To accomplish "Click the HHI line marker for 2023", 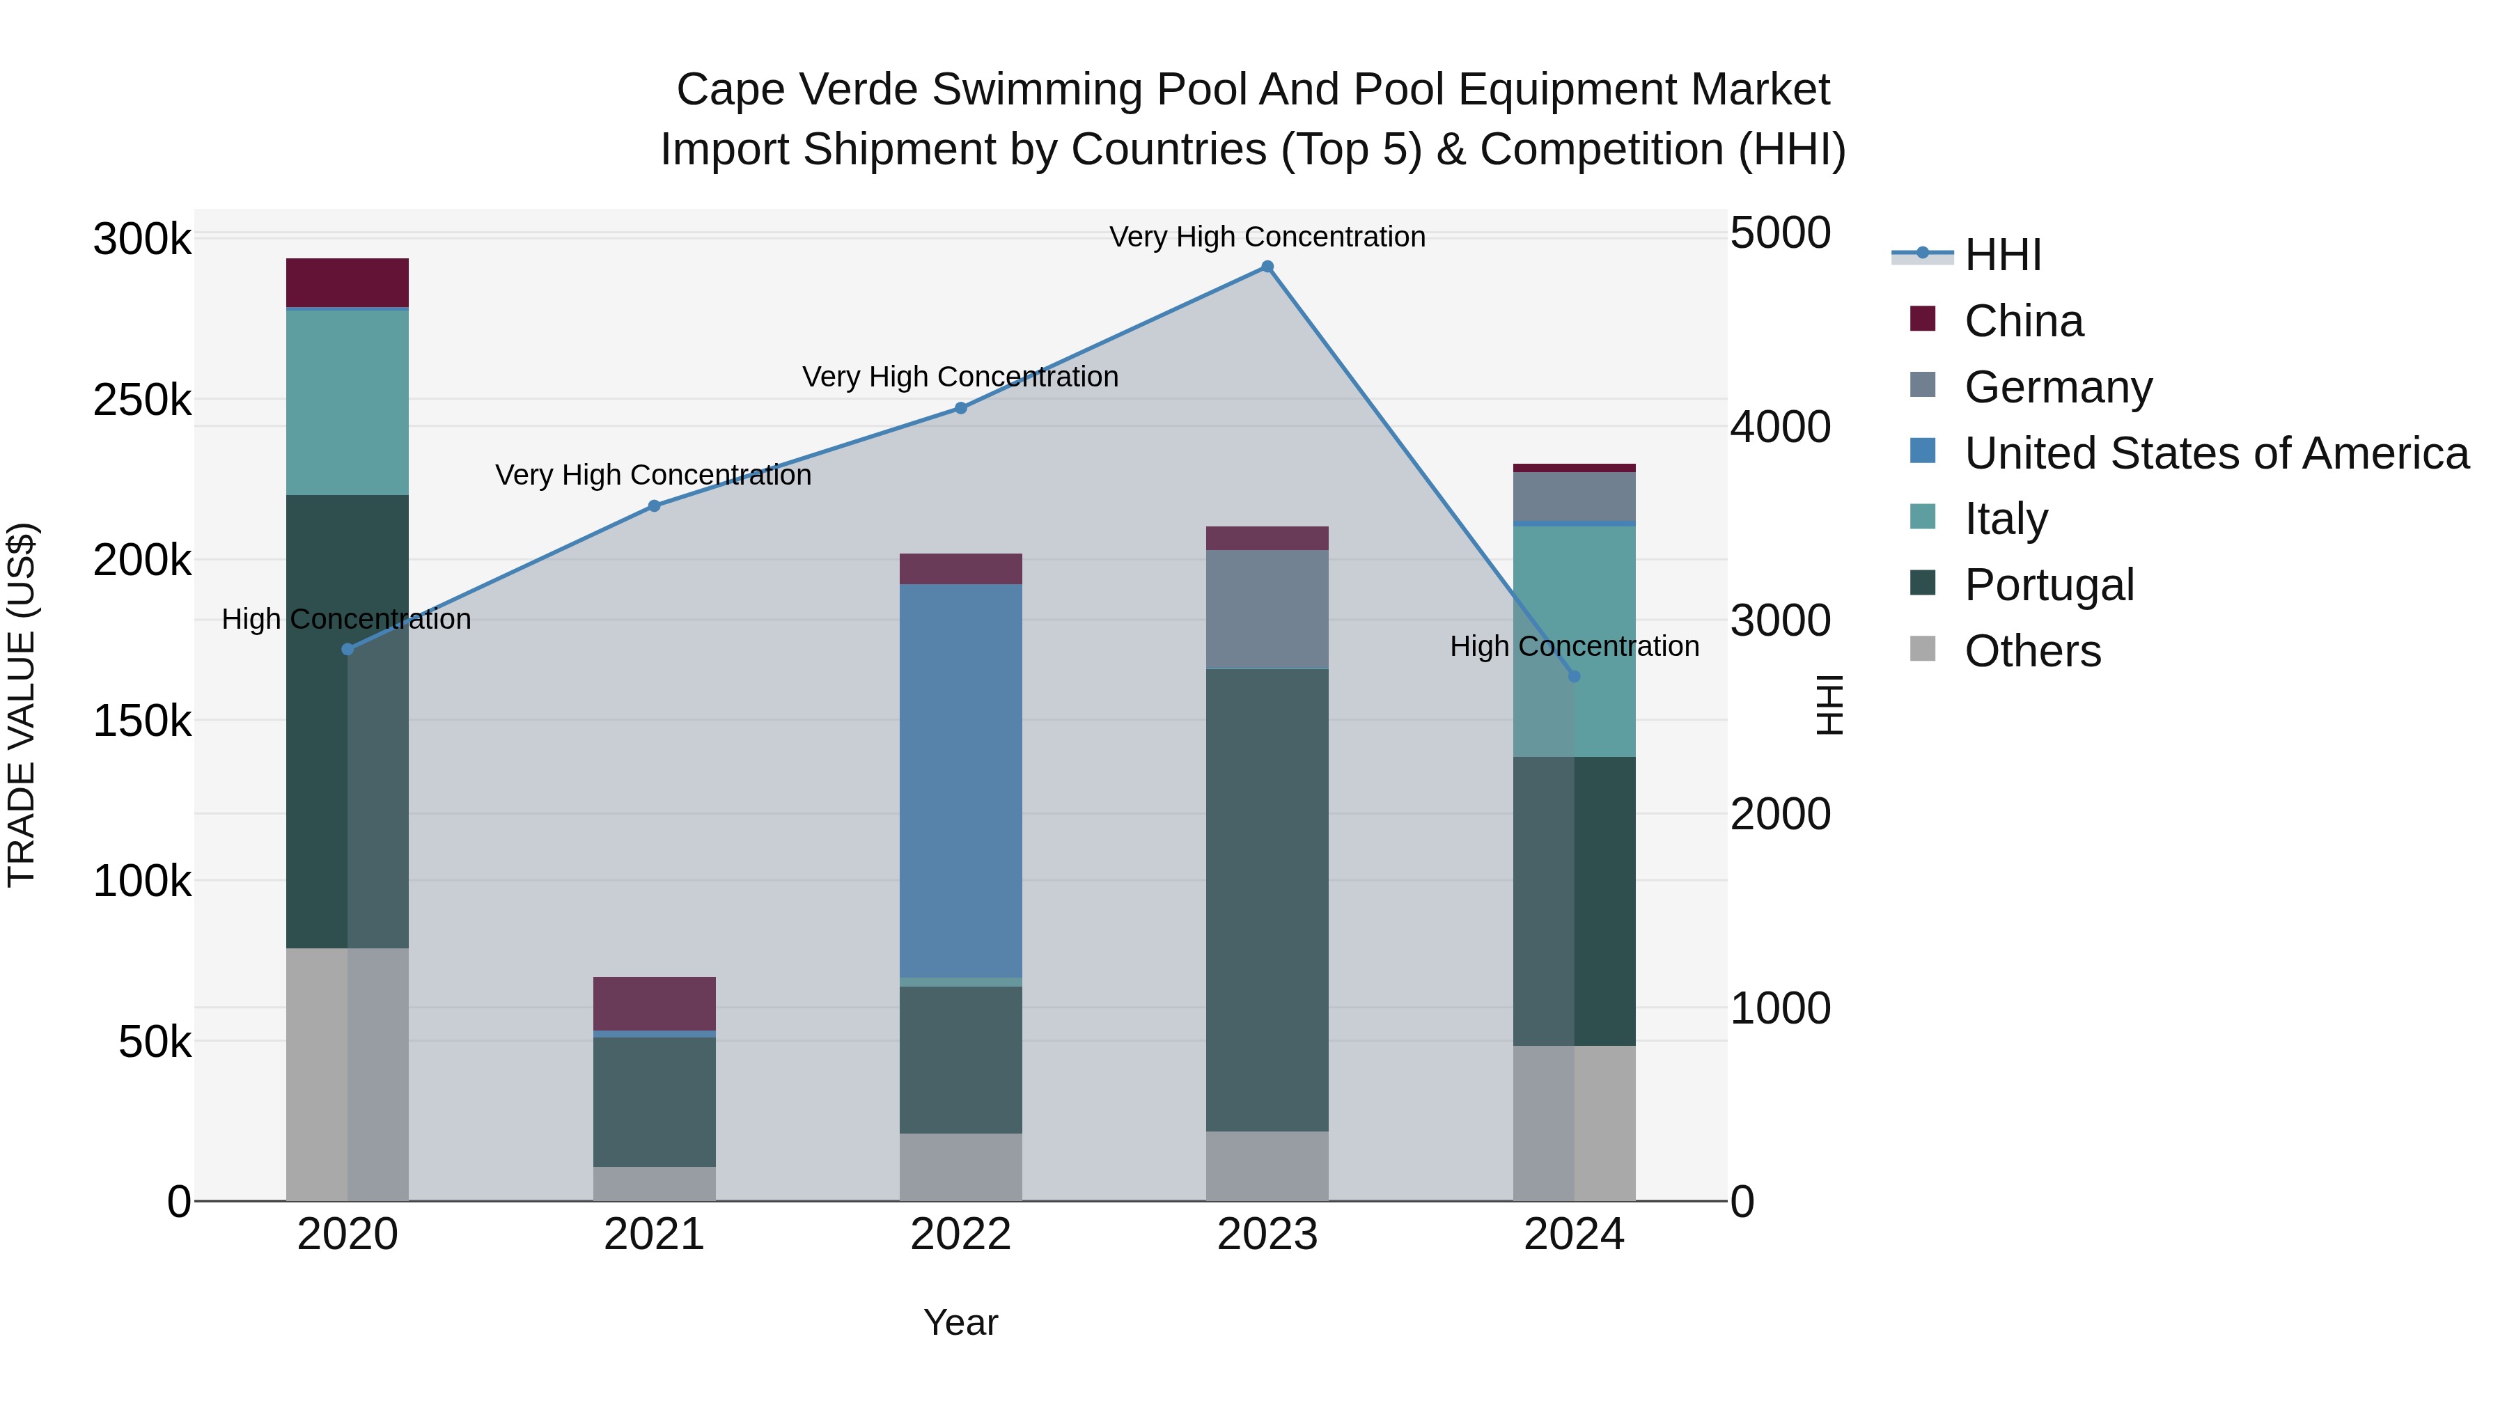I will pyautogui.click(x=1267, y=267).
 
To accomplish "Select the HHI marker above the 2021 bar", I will pyautogui.click(x=654, y=506).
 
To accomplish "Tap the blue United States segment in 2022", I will pyautogui.click(x=960, y=778).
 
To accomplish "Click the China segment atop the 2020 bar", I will pyautogui.click(x=347, y=282).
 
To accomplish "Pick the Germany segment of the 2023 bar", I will pyautogui.click(x=1267, y=609).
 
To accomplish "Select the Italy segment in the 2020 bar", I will pyautogui.click(x=347, y=402).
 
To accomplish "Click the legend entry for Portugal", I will pyautogui.click(x=2049, y=585).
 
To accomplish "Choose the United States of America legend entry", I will pyautogui.click(x=2216, y=453).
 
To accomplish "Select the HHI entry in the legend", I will pyautogui.click(x=2002, y=255).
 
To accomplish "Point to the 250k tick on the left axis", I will pyautogui.click(x=142, y=400).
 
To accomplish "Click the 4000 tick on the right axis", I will pyautogui.click(x=1780, y=428).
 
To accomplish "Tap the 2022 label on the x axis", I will pyautogui.click(x=960, y=1235).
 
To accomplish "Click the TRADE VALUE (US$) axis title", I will pyautogui.click(x=22, y=705).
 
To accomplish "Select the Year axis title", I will pyautogui.click(x=960, y=1322).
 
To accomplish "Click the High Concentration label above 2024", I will pyautogui.click(x=1574, y=646).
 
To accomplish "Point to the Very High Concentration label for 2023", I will pyautogui.click(x=1267, y=237).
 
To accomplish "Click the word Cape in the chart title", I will pyautogui.click(x=730, y=90).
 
